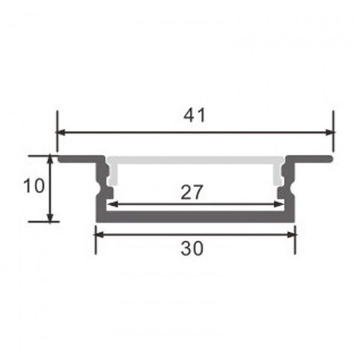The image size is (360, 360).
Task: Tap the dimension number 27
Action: [192, 192]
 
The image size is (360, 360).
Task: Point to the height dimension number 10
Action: [34, 186]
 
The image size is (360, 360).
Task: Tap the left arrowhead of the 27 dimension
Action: [111, 205]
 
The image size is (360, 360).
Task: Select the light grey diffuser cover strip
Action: [195, 161]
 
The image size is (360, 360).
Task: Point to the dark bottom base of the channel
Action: [195, 217]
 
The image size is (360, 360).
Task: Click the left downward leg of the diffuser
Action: [113, 174]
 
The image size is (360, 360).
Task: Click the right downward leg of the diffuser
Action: [278, 174]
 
